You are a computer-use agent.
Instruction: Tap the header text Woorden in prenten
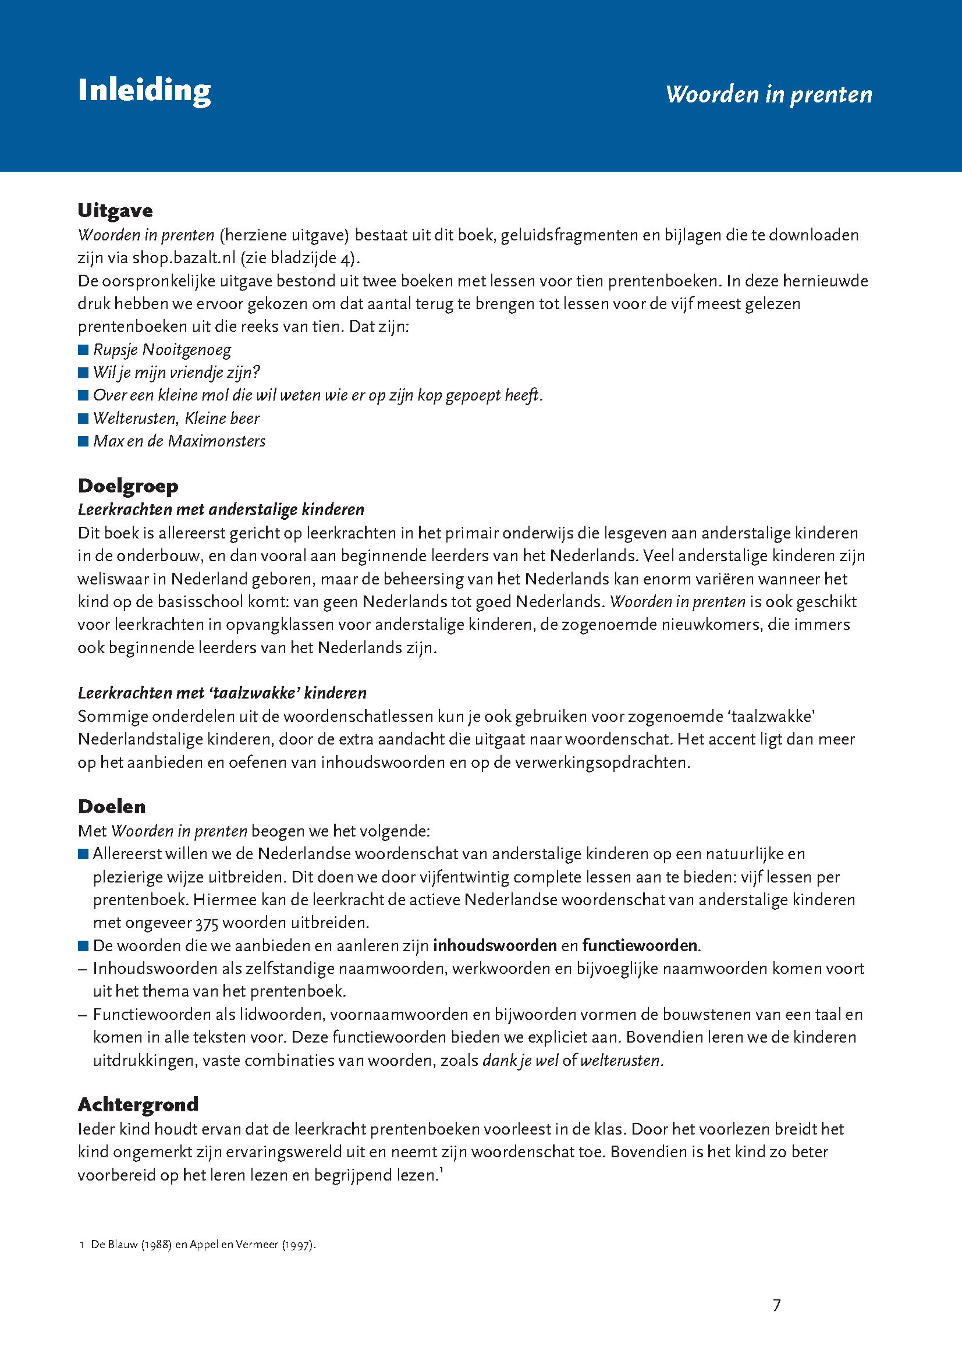point(768,94)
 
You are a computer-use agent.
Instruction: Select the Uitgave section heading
point(115,210)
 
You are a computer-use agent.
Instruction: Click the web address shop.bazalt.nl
point(184,258)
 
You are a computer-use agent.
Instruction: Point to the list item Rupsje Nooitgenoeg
point(162,350)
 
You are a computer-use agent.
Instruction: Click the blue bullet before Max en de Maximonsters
point(83,441)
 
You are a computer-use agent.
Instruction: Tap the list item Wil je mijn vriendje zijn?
point(177,372)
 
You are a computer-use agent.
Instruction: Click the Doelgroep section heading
point(128,486)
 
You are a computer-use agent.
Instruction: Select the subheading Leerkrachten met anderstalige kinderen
point(221,510)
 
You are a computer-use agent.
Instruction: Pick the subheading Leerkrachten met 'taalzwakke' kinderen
point(222,693)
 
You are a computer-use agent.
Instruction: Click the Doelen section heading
point(111,807)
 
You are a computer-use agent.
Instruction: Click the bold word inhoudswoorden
point(494,945)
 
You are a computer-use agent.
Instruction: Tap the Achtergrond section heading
point(137,1104)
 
